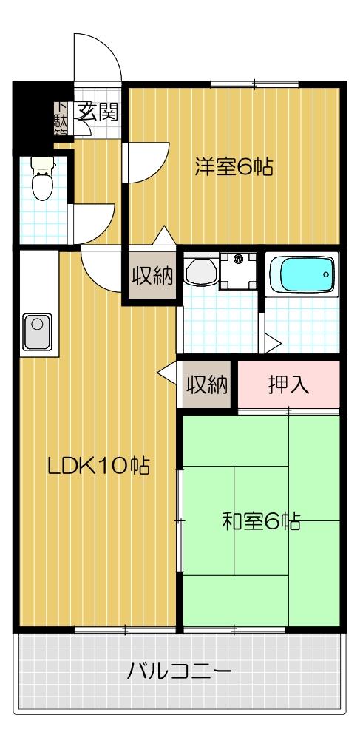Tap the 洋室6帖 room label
(x=234, y=167)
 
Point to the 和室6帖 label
(x=261, y=522)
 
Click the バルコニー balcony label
(x=180, y=672)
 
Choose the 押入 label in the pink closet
(x=288, y=385)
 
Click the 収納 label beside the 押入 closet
(x=206, y=385)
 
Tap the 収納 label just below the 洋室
(x=153, y=277)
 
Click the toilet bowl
(x=44, y=180)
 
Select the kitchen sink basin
(x=38, y=331)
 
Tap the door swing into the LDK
(x=100, y=268)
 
